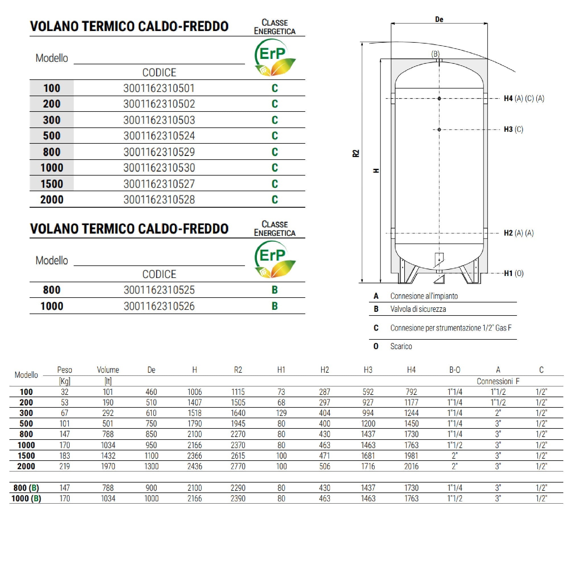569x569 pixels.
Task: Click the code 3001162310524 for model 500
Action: pos(159,136)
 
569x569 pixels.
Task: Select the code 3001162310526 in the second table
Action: pos(159,306)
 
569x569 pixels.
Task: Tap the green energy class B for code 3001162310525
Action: pos(275,290)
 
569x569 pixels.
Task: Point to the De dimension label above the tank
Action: pos(439,19)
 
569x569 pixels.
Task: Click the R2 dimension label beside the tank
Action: pos(356,153)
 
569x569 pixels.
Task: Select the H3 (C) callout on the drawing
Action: pos(513,129)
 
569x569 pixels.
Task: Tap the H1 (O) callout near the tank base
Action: pos(513,273)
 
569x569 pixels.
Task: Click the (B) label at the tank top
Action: pos(435,54)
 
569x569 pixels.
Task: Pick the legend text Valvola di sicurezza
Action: pos(418,309)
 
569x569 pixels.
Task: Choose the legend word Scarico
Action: pos(401,346)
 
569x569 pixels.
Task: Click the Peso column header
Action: pos(65,370)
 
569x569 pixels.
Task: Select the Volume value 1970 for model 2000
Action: pos(108,466)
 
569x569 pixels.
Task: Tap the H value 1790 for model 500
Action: pos(195,424)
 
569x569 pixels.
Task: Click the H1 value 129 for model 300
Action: pos(281,413)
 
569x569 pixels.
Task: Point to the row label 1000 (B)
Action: pos(26,498)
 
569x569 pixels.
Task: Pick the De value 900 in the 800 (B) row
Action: pos(151,488)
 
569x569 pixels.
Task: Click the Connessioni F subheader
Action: pos(498,382)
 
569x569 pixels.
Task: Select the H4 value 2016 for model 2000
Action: pos(411,466)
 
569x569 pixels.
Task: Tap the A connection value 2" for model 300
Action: pos(498,413)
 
